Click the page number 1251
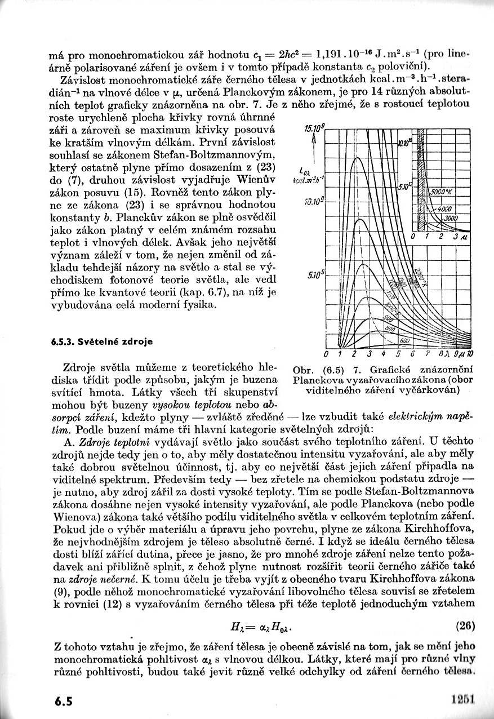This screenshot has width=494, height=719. click(464, 699)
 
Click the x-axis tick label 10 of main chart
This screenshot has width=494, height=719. click(470, 354)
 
